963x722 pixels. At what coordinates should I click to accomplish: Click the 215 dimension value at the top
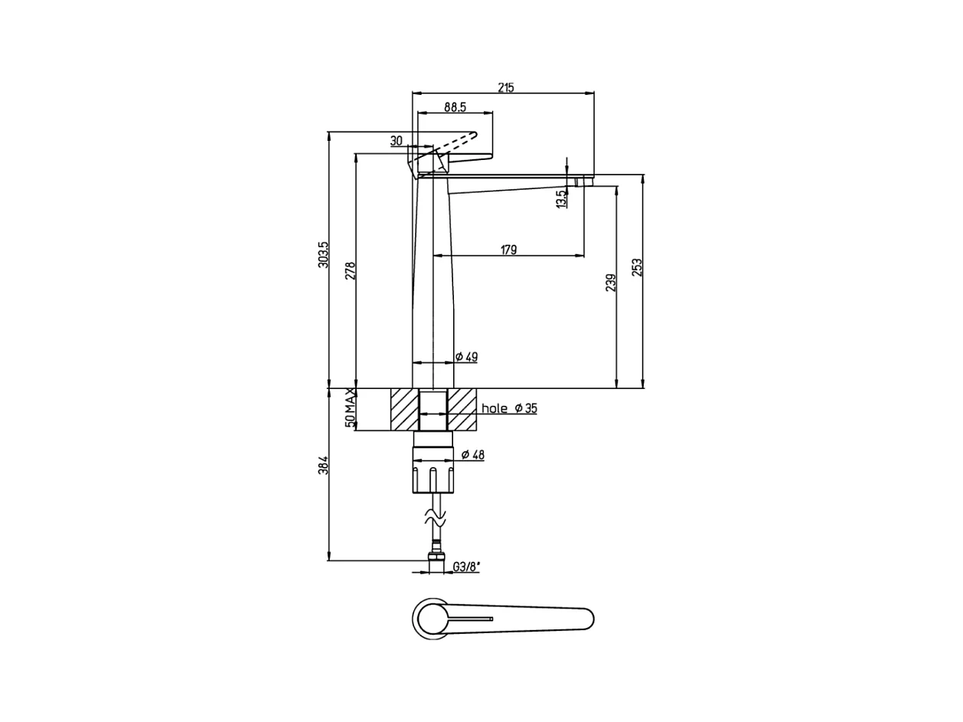pyautogui.click(x=505, y=87)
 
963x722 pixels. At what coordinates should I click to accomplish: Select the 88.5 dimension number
pyautogui.click(x=455, y=107)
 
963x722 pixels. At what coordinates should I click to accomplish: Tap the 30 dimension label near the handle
pyautogui.click(x=396, y=141)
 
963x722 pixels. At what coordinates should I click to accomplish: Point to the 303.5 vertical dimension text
pyautogui.click(x=323, y=254)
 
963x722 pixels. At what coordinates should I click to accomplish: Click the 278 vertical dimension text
pyautogui.click(x=351, y=271)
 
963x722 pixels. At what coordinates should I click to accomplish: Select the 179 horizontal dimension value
pyautogui.click(x=508, y=250)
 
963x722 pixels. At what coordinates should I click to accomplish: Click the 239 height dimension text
pyautogui.click(x=610, y=283)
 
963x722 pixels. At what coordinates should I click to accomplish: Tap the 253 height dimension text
pyautogui.click(x=637, y=267)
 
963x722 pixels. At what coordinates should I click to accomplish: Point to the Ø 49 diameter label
pyautogui.click(x=467, y=357)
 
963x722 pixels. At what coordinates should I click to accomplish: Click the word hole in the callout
pyautogui.click(x=495, y=409)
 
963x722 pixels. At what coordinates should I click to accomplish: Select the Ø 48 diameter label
pyautogui.click(x=472, y=455)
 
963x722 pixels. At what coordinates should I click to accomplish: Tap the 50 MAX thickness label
pyautogui.click(x=351, y=407)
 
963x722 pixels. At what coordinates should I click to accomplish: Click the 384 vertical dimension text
pyautogui.click(x=323, y=465)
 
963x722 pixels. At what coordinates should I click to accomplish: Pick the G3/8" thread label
pyautogui.click(x=466, y=567)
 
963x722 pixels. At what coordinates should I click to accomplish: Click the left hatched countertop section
pyautogui.click(x=405, y=409)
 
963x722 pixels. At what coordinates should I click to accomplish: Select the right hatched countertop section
pyautogui.click(x=462, y=409)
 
